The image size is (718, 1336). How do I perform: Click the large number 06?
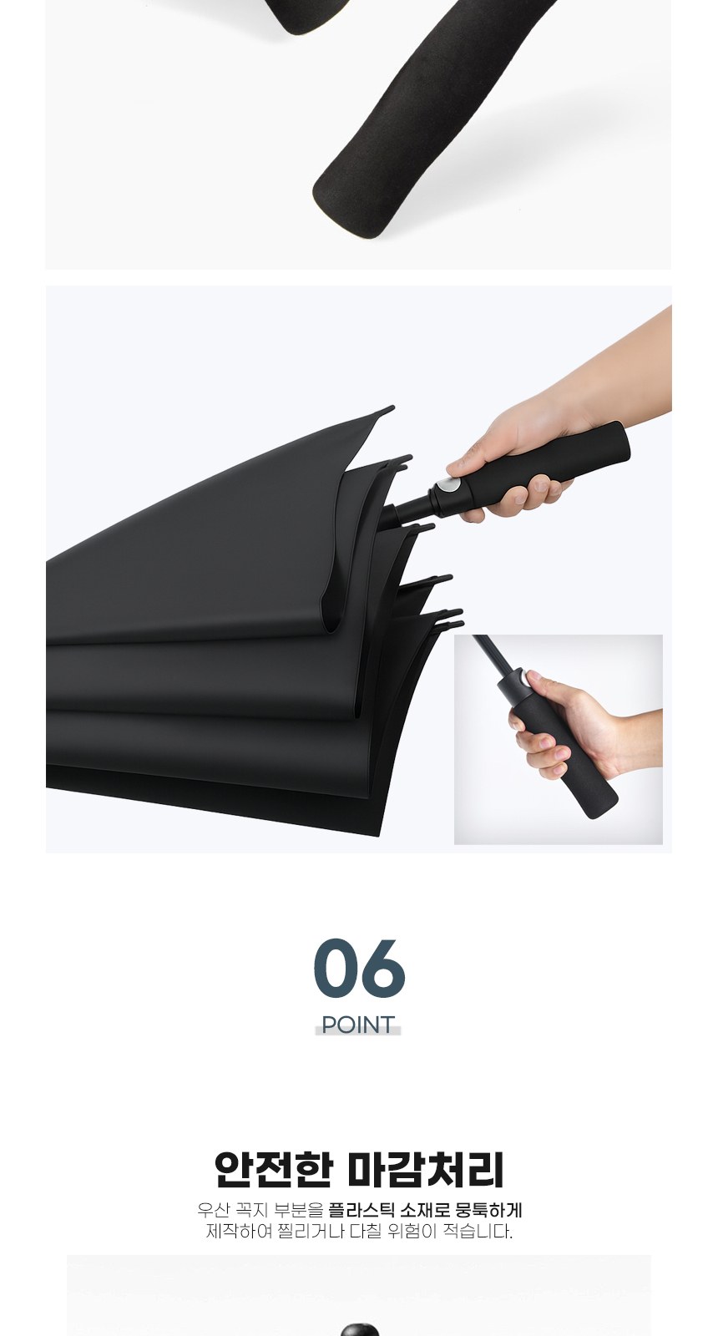coord(359,968)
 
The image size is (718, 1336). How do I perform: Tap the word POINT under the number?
coord(358,1025)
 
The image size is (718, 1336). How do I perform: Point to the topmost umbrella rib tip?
coord(391,409)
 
